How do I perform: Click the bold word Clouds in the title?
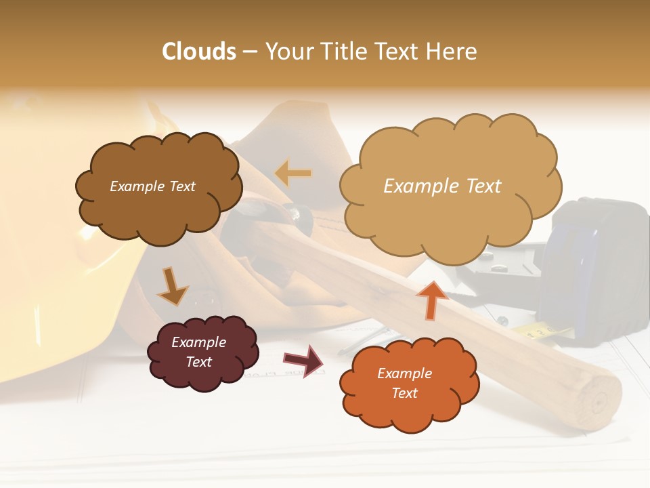click(199, 52)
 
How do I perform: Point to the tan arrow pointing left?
click(293, 174)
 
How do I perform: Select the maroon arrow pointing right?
click(303, 360)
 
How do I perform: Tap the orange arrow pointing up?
click(433, 300)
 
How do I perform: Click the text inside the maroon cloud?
click(198, 352)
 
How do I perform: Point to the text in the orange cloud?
click(404, 383)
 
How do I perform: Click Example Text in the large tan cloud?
click(442, 186)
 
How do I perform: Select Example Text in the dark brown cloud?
click(152, 186)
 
